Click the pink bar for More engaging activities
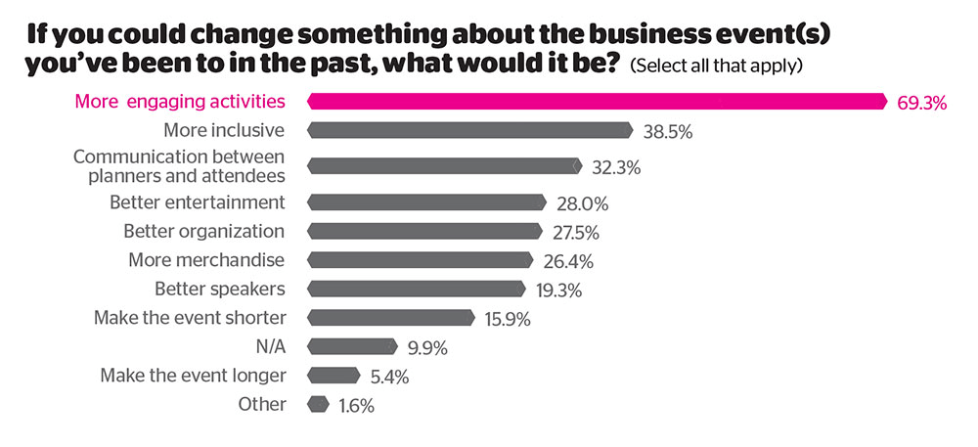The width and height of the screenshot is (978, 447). [597, 101]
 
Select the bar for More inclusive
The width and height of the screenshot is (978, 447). [469, 130]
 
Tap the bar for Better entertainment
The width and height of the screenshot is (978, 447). [426, 202]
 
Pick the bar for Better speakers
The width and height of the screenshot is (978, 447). [417, 289]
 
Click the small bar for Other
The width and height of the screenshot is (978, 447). [318, 404]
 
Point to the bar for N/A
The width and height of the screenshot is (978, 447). [352, 346]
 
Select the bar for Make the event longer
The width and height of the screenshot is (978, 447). [333, 375]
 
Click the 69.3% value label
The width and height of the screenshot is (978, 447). [921, 102]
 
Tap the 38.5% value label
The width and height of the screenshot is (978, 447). [668, 131]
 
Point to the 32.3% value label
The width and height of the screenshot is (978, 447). [615, 167]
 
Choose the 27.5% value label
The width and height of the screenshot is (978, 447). [574, 233]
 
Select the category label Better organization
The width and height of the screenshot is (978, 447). [203, 232]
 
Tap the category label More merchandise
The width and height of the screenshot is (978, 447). [206, 260]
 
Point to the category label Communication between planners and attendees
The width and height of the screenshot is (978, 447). [179, 166]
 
